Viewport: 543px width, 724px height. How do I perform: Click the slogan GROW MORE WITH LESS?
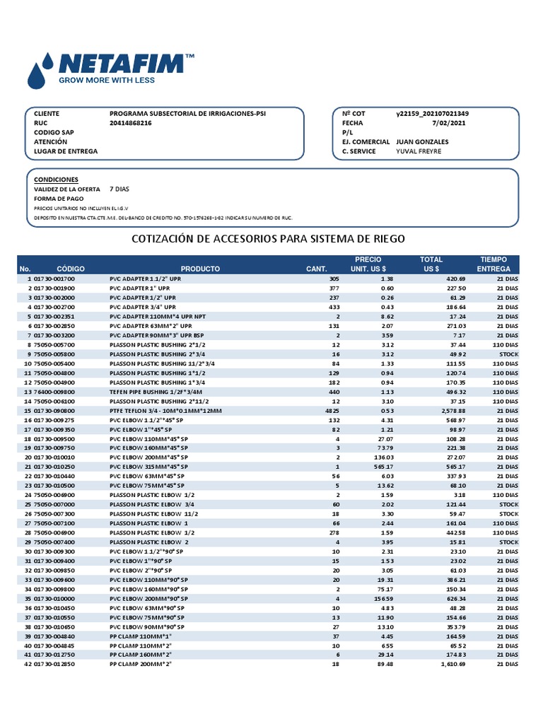click(106, 81)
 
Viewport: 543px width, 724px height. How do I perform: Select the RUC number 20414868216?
click(131, 123)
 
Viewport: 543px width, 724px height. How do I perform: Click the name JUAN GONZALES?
click(422, 141)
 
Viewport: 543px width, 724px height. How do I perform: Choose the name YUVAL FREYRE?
click(419, 151)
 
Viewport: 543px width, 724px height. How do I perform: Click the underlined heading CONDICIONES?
click(57, 180)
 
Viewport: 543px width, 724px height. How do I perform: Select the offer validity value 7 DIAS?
click(119, 189)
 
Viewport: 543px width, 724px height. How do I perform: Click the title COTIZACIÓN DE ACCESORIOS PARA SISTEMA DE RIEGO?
click(269, 239)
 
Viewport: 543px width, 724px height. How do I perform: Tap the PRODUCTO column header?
click(200, 269)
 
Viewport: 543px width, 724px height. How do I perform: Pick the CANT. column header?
click(316, 269)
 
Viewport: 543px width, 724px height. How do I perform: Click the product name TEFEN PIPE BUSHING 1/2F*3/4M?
click(156, 392)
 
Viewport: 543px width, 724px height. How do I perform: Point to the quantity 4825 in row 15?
click(332, 411)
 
